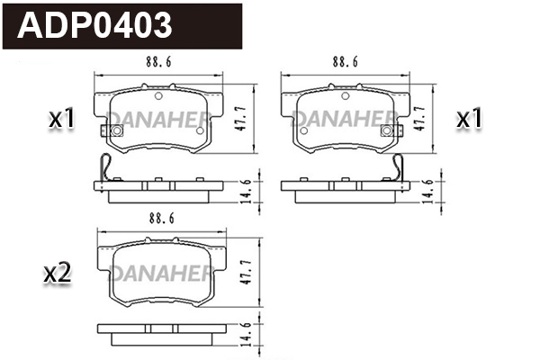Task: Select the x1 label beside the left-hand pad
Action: (59, 118)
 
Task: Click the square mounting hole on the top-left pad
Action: (116, 131)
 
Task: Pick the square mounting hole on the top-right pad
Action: (387, 131)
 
